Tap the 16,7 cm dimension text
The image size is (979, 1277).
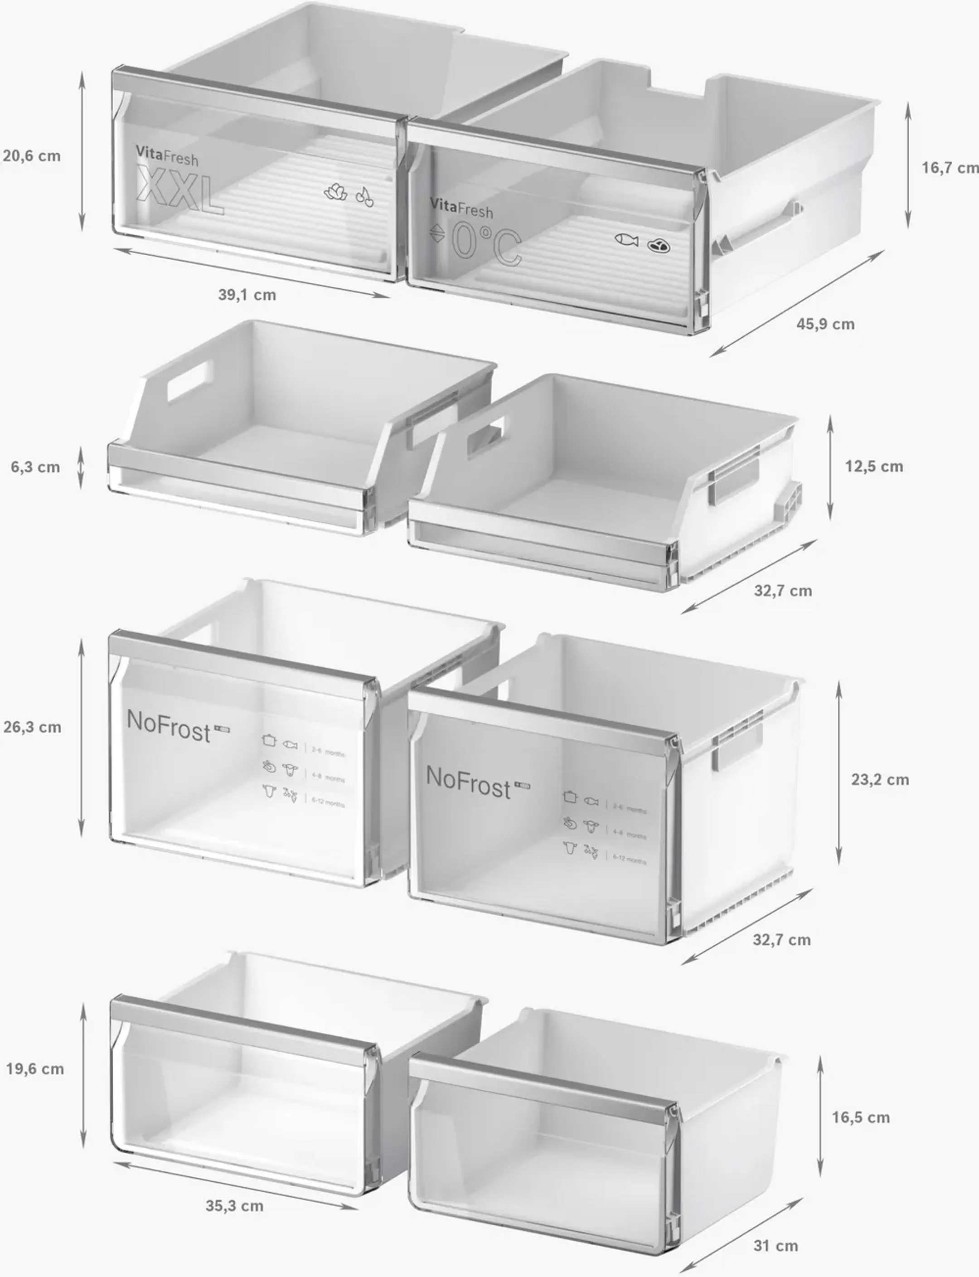949,168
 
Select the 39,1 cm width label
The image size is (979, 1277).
247,295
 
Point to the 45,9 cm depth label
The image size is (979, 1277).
825,324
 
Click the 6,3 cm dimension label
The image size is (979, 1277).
35,467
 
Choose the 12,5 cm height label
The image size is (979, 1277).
874,466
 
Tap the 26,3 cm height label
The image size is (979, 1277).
33,728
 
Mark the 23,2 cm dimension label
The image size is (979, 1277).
880,780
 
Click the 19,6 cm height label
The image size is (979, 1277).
35,1069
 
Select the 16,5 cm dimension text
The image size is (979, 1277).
861,1117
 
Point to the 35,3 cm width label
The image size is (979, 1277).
234,1206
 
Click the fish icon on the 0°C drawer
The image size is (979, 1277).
626,239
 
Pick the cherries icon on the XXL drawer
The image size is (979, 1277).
365,197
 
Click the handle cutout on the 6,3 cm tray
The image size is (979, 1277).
190,381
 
